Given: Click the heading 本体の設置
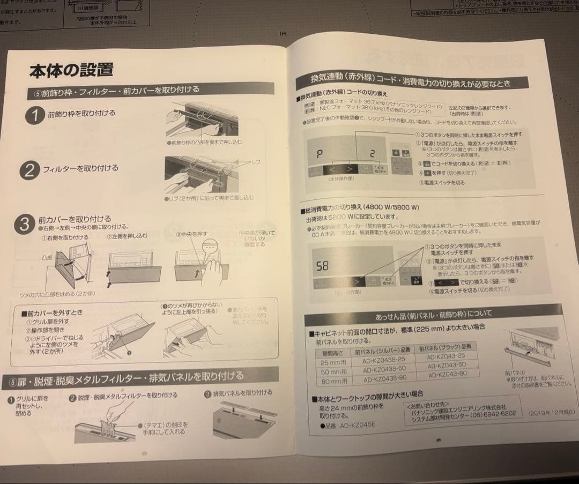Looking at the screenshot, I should (x=71, y=71).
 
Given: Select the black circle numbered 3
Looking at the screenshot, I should (x=24, y=224).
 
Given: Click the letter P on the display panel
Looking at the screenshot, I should (x=320, y=154).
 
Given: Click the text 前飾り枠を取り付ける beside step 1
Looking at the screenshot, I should (x=81, y=114).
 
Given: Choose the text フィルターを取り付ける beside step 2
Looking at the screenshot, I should (x=80, y=168).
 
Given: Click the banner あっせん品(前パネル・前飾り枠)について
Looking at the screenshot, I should (x=434, y=313).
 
